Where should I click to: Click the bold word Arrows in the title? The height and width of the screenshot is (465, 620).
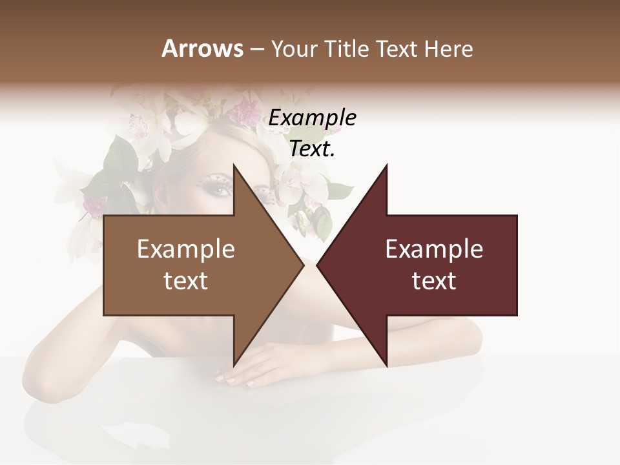point(202,48)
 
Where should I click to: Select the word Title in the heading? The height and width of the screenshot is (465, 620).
point(347,48)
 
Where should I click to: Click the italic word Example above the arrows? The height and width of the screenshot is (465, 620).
point(313,118)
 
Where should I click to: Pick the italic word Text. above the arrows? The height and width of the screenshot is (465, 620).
point(313,149)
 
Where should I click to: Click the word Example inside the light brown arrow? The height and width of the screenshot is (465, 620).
point(186,249)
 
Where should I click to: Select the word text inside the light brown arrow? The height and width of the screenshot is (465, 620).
point(186,281)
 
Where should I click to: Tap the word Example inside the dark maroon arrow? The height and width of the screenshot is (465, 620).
point(434,249)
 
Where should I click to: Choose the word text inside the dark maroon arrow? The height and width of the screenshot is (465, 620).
point(434,281)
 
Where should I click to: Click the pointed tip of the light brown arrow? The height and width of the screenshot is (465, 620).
point(304,265)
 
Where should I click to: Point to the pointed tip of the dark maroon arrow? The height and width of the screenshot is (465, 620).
point(317,265)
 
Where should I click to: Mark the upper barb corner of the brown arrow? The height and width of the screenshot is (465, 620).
point(234,165)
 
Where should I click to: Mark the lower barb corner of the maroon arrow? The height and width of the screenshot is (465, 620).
point(387,366)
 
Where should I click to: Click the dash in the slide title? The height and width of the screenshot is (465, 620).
point(256,50)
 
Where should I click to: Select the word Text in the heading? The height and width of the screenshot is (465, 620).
point(397,48)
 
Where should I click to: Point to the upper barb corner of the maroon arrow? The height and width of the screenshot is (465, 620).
point(387,165)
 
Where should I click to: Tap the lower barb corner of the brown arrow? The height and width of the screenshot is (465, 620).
point(234,366)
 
